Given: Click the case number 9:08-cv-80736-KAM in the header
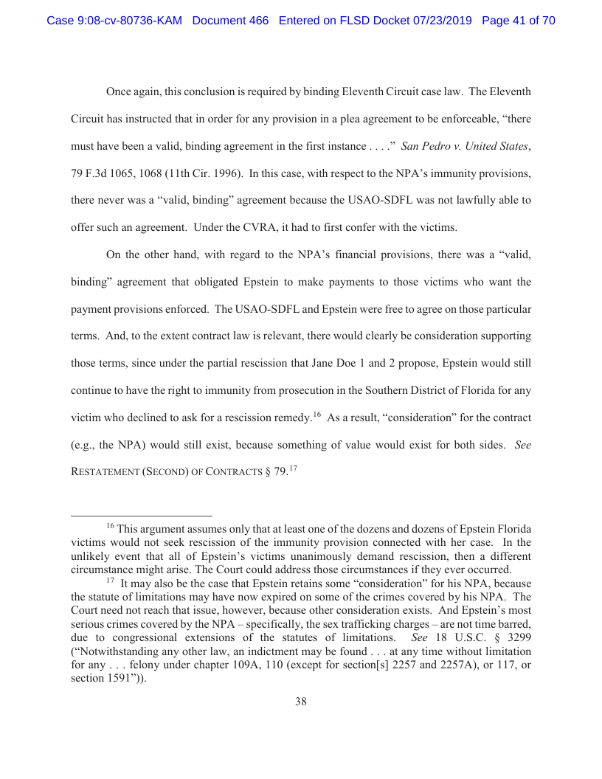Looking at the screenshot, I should (114, 21).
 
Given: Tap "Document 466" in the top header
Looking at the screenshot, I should (230, 21).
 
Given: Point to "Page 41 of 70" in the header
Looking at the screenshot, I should (518, 21).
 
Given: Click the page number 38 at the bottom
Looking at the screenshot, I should (301, 702).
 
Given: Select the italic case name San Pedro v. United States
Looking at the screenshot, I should (465, 146).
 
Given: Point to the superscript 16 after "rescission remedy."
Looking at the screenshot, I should (316, 415).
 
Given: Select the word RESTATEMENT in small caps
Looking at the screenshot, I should (108, 472).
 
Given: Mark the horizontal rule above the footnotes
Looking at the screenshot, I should (141, 516).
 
